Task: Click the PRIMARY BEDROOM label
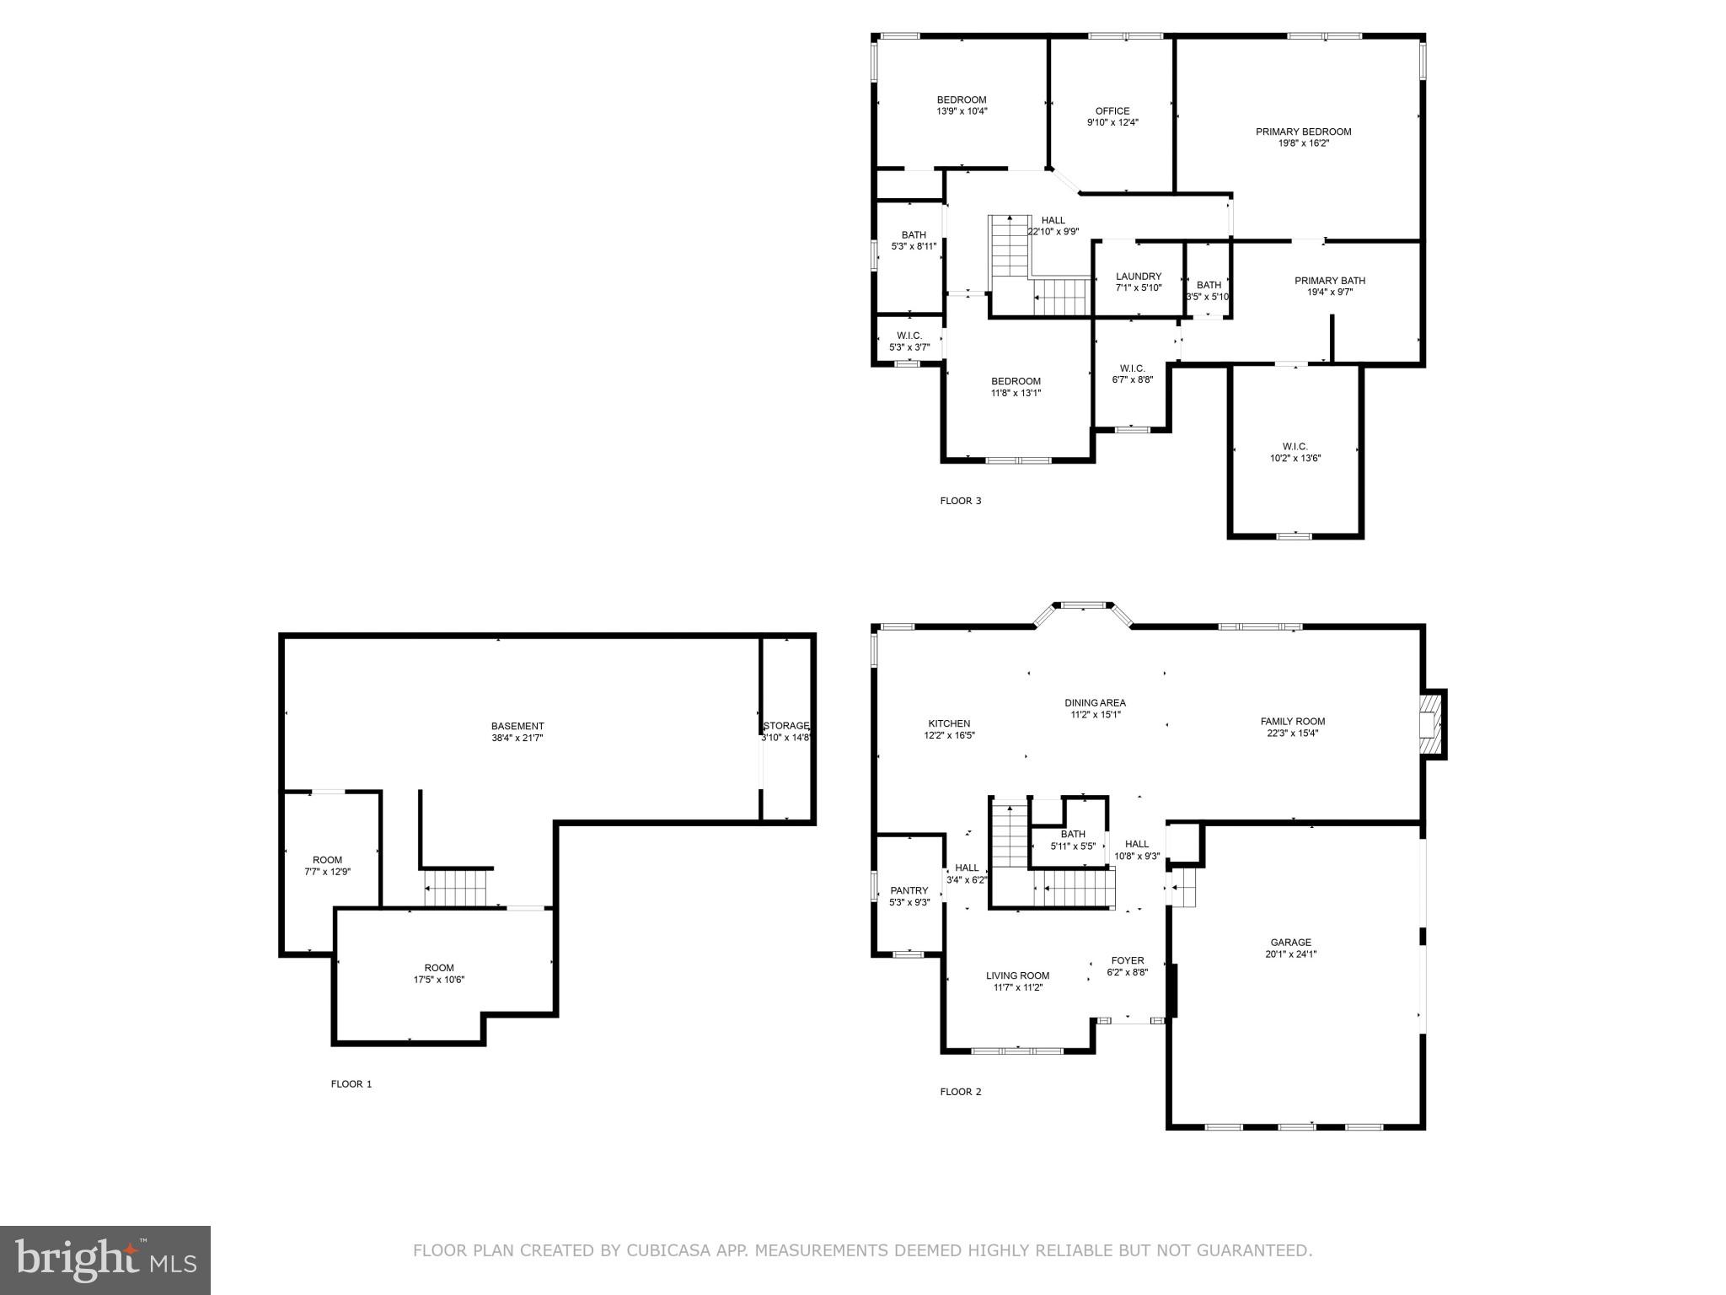click(x=1303, y=132)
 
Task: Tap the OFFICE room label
click(x=1112, y=111)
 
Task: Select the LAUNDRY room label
click(x=1138, y=277)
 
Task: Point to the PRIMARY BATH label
click(x=1329, y=281)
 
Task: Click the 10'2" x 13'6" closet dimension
click(x=1294, y=459)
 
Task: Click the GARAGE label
click(x=1290, y=943)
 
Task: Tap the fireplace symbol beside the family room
click(x=1433, y=725)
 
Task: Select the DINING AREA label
click(x=1095, y=703)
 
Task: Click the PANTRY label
click(x=909, y=890)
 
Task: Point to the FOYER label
click(x=1127, y=960)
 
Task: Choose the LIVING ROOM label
click(x=1017, y=975)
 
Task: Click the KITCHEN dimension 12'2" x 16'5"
click(x=949, y=735)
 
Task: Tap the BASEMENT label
click(x=517, y=726)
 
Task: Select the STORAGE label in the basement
click(x=785, y=726)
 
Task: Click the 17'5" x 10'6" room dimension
click(x=439, y=980)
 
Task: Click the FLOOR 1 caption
click(x=351, y=1084)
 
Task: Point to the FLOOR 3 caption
click(x=960, y=501)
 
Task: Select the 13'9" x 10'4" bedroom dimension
click(x=962, y=111)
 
